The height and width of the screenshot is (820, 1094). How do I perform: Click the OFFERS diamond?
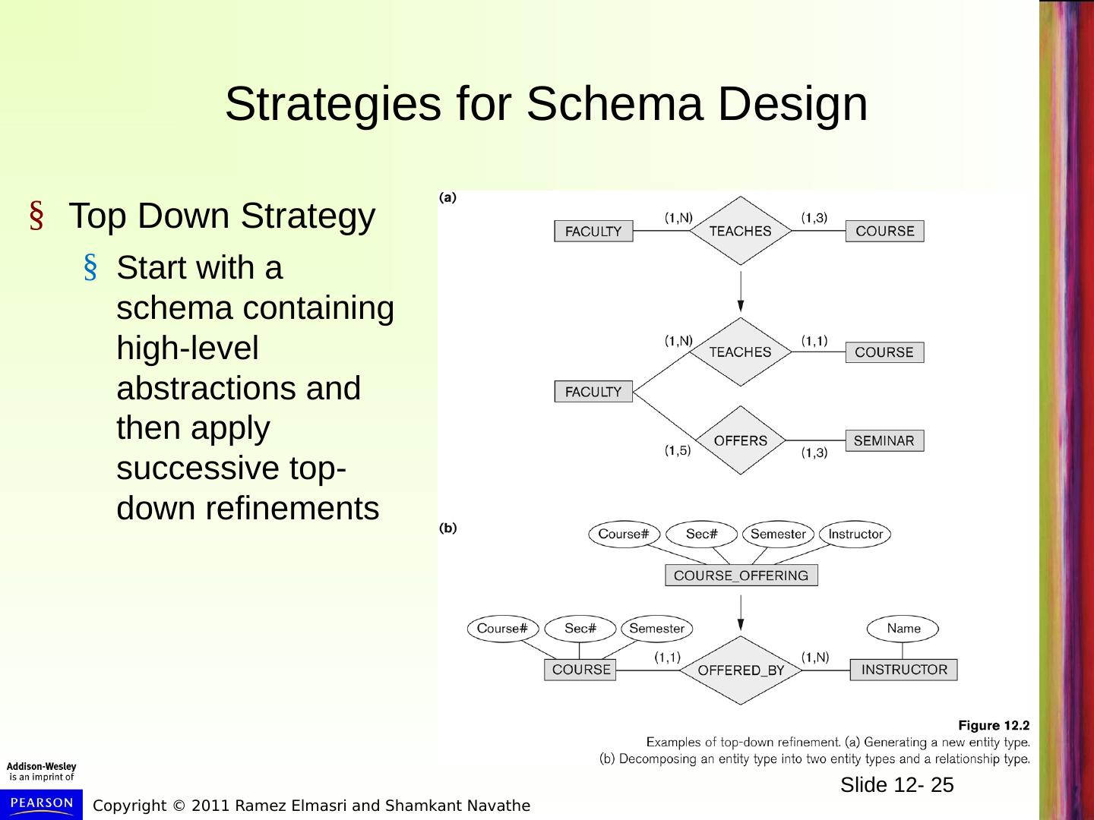coord(740,441)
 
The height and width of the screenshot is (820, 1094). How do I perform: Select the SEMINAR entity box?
coord(884,441)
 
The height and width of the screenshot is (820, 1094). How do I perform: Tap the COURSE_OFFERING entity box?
coord(741,576)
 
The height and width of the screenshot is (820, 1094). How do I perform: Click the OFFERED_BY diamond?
coord(741,670)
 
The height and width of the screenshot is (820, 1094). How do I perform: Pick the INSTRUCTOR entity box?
coord(903,670)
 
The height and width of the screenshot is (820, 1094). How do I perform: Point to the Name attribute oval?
coord(903,629)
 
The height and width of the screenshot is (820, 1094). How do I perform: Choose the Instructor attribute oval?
coord(855,535)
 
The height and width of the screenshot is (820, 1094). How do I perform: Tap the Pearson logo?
coord(42,804)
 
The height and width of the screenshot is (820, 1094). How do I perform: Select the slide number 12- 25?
coord(896,785)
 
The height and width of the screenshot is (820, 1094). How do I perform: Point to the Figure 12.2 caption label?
coord(994,725)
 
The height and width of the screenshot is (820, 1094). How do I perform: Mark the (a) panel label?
coord(448,197)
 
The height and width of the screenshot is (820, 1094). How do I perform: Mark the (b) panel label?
coord(449,528)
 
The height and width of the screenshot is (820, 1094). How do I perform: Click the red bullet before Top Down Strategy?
coord(35,217)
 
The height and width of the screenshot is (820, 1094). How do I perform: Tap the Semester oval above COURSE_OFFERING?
coord(778,535)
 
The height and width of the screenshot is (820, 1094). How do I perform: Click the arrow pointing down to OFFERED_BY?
coord(741,613)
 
